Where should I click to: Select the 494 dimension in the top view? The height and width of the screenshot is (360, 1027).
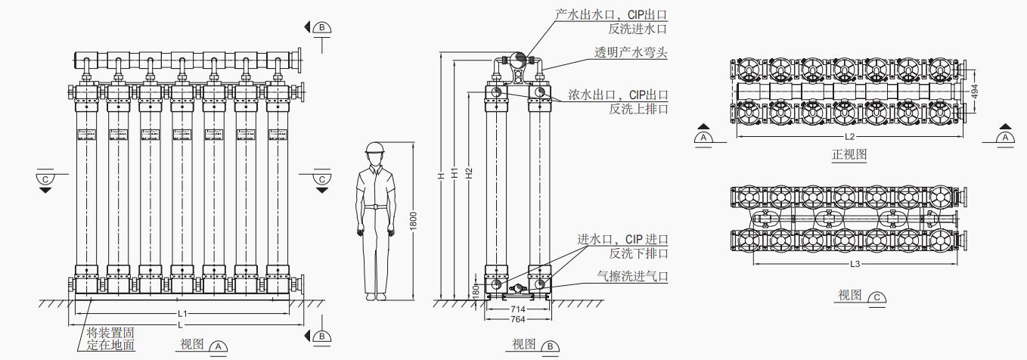tap(975, 91)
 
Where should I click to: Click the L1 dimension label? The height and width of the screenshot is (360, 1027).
tap(182, 313)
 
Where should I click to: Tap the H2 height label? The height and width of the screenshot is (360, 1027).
tap(470, 172)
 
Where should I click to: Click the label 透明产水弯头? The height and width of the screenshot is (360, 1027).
tap(630, 52)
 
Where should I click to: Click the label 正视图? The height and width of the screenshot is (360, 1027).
tap(849, 154)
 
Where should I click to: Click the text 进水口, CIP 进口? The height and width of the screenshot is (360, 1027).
tap(623, 240)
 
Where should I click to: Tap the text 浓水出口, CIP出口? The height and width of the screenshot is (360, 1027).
tap(618, 95)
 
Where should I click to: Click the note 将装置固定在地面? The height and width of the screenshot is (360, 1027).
tap(111, 339)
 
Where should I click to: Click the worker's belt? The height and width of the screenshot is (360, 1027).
tap(376, 205)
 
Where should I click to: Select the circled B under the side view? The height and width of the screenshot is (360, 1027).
tap(551, 346)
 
